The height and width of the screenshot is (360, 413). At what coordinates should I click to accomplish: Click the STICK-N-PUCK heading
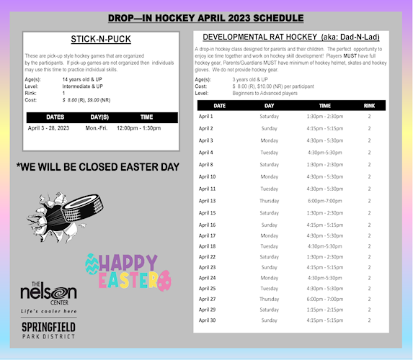pos(102,39)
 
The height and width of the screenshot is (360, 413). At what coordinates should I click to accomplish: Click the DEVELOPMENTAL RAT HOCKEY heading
pos(291,37)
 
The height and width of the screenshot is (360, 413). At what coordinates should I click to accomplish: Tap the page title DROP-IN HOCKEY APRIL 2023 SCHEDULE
pos(206,18)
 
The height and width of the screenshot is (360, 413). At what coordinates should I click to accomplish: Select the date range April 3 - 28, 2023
pos(49,127)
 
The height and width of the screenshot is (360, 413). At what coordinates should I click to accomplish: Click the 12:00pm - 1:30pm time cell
pos(139,127)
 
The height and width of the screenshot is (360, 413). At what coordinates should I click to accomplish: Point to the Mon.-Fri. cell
pos(97,127)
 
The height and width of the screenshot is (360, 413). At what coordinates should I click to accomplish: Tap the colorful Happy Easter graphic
pos(128,270)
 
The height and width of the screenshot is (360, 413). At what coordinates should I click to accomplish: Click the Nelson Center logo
pos(48,296)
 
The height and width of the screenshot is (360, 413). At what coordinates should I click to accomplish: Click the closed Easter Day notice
pos(97,166)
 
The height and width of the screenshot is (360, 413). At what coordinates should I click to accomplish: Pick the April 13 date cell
pos(207,201)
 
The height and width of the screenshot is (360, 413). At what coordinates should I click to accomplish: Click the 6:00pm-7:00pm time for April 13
pos(325,201)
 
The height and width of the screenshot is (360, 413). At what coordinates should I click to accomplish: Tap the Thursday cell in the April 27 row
pos(269,299)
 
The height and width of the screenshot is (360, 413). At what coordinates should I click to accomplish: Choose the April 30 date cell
pos(207,320)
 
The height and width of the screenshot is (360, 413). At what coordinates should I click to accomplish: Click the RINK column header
pos(369,105)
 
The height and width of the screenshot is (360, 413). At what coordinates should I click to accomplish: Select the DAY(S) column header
pos(99,117)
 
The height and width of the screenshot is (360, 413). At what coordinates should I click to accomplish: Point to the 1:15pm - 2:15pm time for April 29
pos(325,310)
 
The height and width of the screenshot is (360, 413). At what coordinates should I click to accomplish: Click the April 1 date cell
pos(205,116)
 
